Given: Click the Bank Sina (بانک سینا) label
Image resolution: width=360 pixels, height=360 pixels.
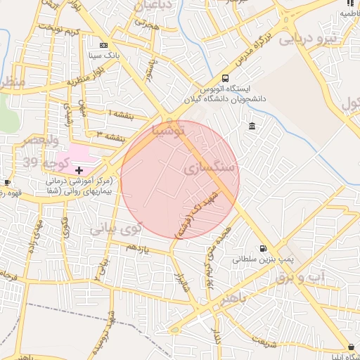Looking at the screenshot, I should tap(103, 53).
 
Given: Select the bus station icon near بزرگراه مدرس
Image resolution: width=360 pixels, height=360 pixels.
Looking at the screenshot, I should tap(225, 78).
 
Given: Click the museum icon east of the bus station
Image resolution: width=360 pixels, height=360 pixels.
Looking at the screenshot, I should tap(252, 126).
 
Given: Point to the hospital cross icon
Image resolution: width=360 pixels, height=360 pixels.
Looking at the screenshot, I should tap(79, 170).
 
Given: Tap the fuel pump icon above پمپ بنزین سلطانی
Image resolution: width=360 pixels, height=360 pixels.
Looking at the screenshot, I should tap(263, 248).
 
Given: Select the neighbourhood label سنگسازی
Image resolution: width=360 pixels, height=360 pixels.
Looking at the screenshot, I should tap(212, 169).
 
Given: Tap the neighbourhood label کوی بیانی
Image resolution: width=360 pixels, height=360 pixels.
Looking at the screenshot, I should tap(116, 228).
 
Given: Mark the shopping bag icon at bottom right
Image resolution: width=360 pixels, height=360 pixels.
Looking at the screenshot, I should tap(351, 347).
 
